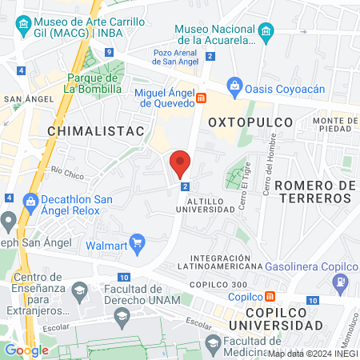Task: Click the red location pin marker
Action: (x=180, y=163)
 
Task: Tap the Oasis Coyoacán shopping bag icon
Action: (x=234, y=84)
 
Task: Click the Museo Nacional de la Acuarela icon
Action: (x=266, y=33)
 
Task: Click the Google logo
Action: (x=26, y=350)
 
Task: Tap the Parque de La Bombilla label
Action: (x=94, y=83)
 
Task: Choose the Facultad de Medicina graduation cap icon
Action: (x=213, y=342)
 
